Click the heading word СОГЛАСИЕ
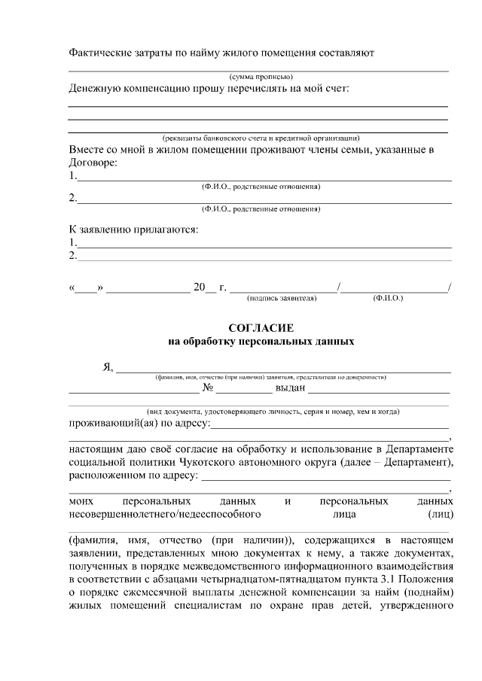[261, 328]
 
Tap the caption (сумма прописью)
[261, 77]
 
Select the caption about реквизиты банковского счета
[261, 138]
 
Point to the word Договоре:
[93, 162]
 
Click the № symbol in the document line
[209, 388]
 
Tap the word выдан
[289, 388]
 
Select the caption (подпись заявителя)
[282, 299]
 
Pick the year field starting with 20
[204, 287]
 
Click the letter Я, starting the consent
[108, 368]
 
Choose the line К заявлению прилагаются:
[134, 228]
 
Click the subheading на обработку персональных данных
[261, 341]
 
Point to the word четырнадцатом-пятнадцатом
[245, 579]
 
